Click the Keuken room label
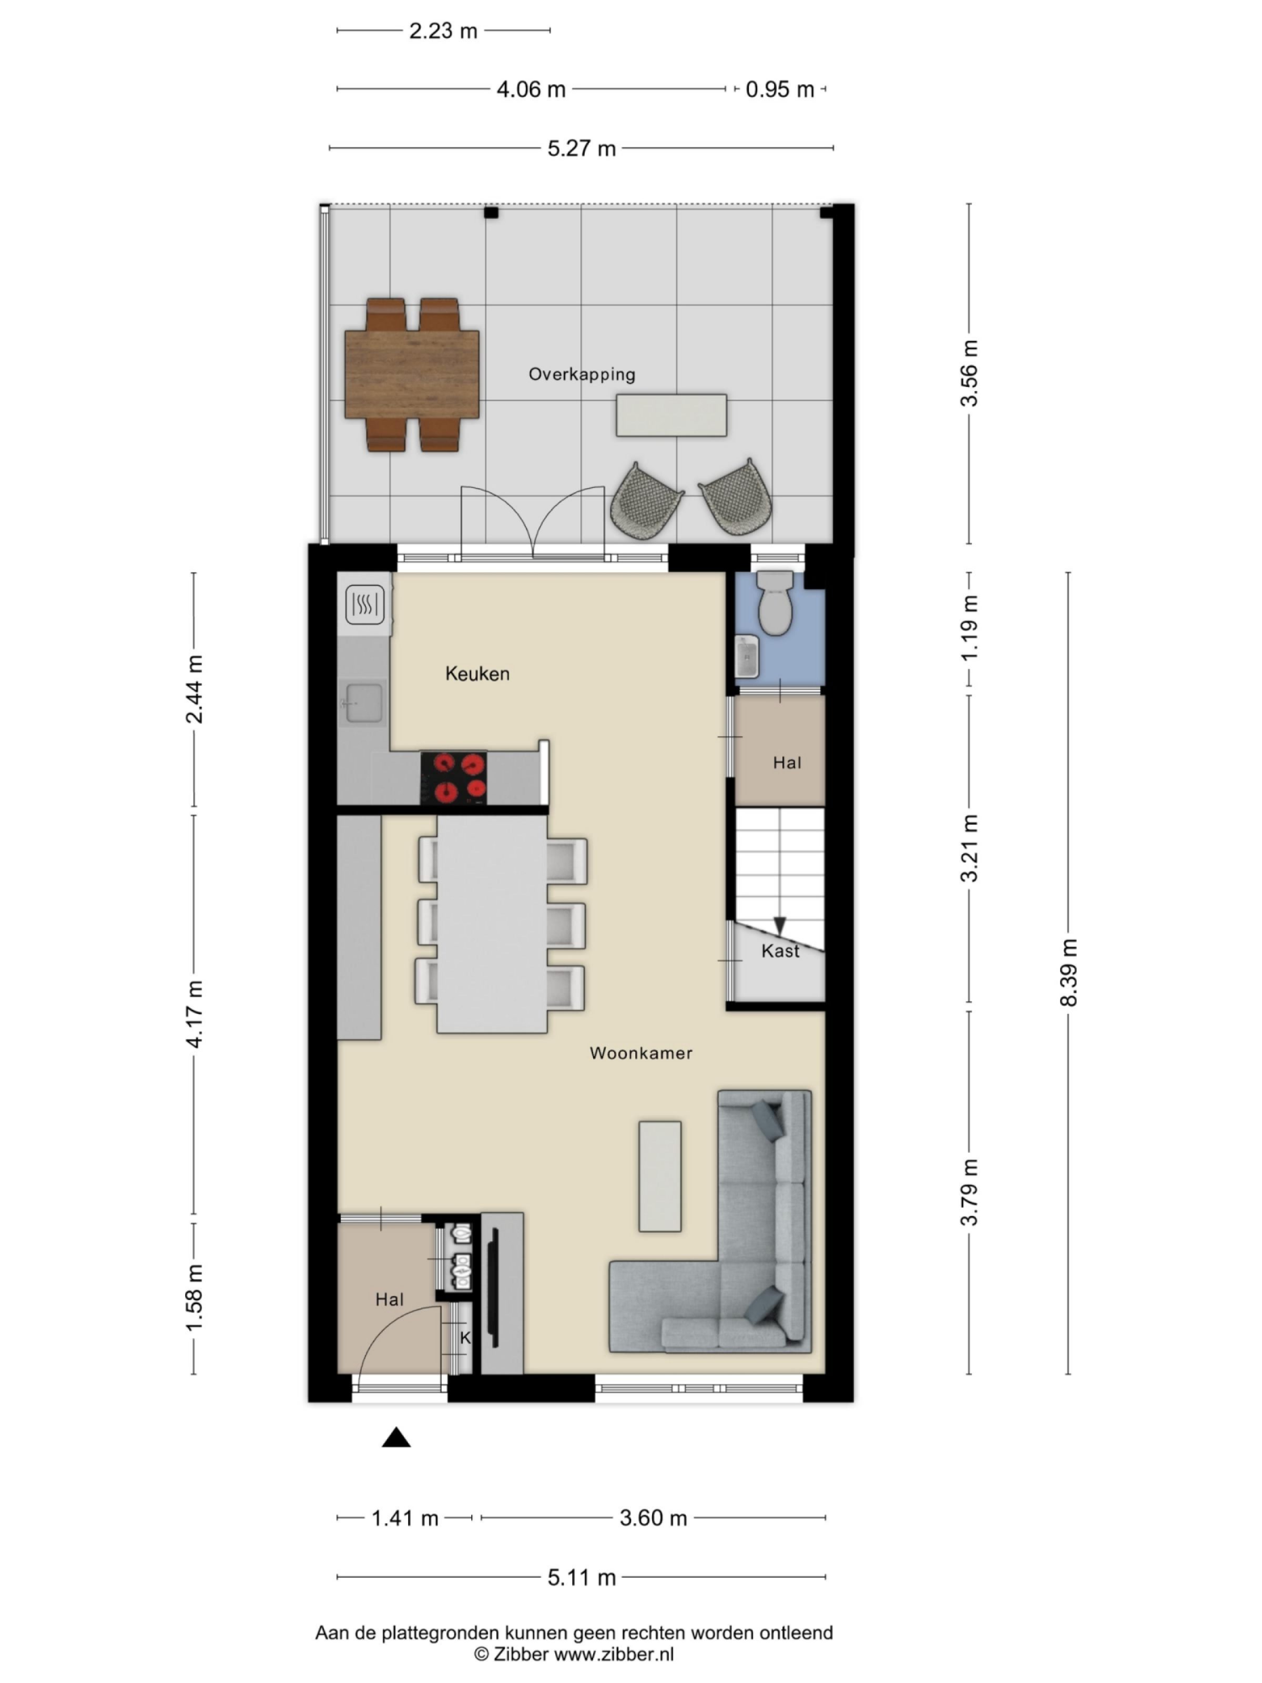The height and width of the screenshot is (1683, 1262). pyautogui.click(x=477, y=673)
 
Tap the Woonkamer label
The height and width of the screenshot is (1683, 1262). pyautogui.click(x=640, y=1053)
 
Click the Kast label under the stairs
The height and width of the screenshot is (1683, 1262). pyautogui.click(x=780, y=951)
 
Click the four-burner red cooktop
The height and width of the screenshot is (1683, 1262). pyautogui.click(x=453, y=777)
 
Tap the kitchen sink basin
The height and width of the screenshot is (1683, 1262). pyautogui.click(x=364, y=702)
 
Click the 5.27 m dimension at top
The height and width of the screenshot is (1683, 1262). pyautogui.click(x=581, y=148)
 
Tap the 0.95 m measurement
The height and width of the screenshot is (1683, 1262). pyautogui.click(x=779, y=90)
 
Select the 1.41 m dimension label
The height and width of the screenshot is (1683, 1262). pyautogui.click(x=405, y=1518)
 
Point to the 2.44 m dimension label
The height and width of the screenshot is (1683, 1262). pyautogui.click(x=194, y=690)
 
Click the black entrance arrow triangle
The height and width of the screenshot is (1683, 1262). pyautogui.click(x=395, y=1437)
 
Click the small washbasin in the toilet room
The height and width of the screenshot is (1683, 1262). pyautogui.click(x=746, y=656)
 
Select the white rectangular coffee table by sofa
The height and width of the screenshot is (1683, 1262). pyautogui.click(x=659, y=1175)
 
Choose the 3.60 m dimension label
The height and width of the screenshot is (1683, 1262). pyautogui.click(x=653, y=1518)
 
